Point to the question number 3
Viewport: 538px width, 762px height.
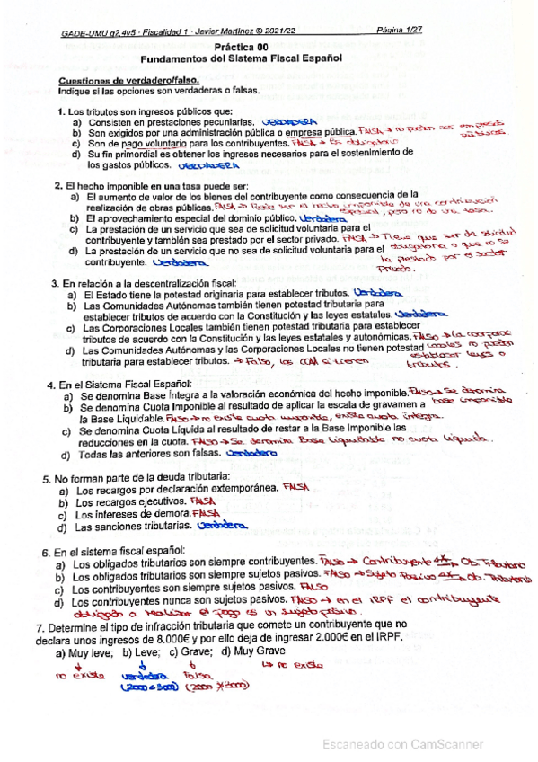click(54, 283)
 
